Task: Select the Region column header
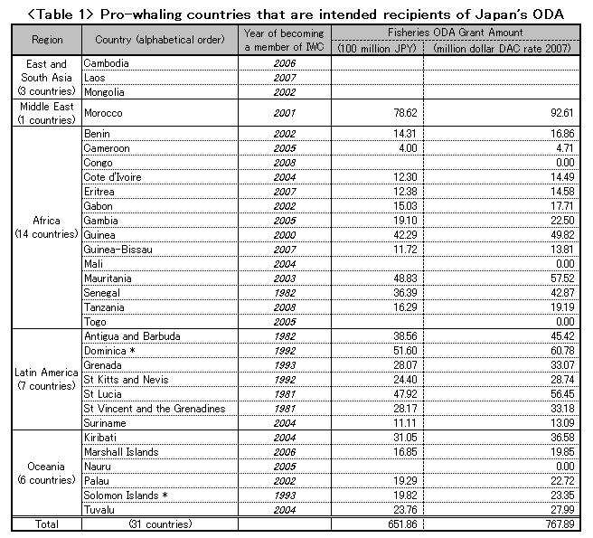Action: point(47,40)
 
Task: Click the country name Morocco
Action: point(102,113)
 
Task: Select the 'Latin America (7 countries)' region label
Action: point(47,380)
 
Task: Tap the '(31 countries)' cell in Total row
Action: point(161,524)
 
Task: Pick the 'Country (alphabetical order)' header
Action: point(160,40)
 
